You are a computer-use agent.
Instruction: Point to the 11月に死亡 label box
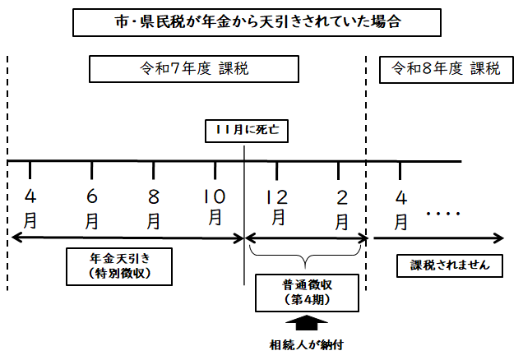(x=244, y=131)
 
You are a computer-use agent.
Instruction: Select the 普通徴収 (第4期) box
(x=305, y=292)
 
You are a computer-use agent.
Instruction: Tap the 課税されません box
(x=450, y=265)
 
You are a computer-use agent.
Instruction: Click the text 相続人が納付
(x=306, y=344)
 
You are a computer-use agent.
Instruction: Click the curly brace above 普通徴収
(x=305, y=261)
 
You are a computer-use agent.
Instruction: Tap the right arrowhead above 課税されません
(x=498, y=238)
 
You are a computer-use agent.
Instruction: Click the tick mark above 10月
(x=215, y=170)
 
